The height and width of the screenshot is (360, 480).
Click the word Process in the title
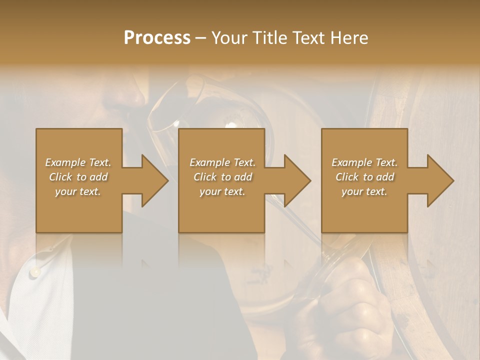tap(157, 38)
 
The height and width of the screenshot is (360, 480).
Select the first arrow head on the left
tap(152, 180)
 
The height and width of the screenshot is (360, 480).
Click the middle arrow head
tap(295, 180)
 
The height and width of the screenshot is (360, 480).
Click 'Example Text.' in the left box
tap(78, 162)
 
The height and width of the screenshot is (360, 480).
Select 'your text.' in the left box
tap(78, 192)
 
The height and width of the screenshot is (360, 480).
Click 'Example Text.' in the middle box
tap(222, 162)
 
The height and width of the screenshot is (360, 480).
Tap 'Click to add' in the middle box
tap(222, 177)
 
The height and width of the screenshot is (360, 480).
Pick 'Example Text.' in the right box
tap(364, 162)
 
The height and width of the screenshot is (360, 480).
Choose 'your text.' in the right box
tap(364, 192)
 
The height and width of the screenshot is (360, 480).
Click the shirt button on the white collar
tap(34, 272)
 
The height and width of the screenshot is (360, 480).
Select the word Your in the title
tap(229, 38)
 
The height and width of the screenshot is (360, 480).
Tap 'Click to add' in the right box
tap(364, 177)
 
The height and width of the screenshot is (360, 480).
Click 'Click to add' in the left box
tap(78, 177)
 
